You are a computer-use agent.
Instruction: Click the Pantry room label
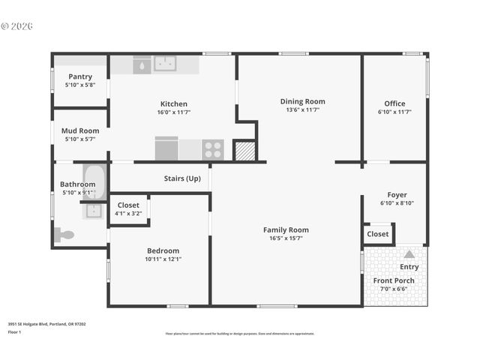click(80, 76)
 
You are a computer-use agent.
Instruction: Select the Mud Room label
click(80, 130)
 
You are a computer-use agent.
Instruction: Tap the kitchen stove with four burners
click(213, 149)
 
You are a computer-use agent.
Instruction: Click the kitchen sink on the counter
click(165, 64)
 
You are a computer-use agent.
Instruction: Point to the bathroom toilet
click(66, 235)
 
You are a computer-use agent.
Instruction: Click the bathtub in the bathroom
click(94, 182)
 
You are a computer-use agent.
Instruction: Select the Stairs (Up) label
click(182, 178)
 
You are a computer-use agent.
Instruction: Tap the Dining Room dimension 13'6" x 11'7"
click(302, 110)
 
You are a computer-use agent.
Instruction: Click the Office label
click(394, 103)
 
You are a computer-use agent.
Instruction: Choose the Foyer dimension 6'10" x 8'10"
click(397, 203)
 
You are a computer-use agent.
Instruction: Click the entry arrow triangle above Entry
click(409, 254)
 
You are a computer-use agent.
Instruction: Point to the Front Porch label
click(394, 280)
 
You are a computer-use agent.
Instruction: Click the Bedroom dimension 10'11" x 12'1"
click(163, 259)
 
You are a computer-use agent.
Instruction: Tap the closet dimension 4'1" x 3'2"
click(128, 214)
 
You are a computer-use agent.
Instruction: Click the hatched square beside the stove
click(245, 151)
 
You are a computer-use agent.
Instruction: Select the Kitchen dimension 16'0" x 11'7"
click(173, 112)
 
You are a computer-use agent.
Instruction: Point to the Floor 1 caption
click(15, 331)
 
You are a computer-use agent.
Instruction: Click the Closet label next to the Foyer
click(378, 234)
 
